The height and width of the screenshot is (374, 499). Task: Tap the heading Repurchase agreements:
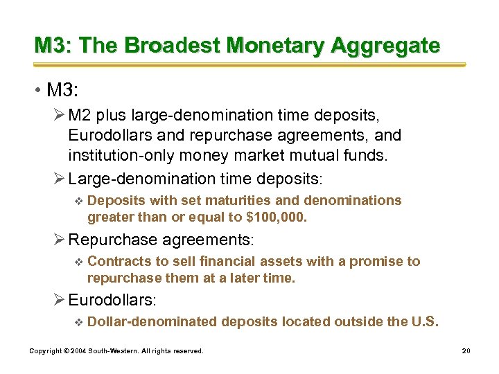tap(161, 240)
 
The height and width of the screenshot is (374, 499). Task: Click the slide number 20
tap(466, 351)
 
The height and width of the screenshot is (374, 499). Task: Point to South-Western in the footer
tap(112, 351)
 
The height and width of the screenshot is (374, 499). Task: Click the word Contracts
tap(116, 261)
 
